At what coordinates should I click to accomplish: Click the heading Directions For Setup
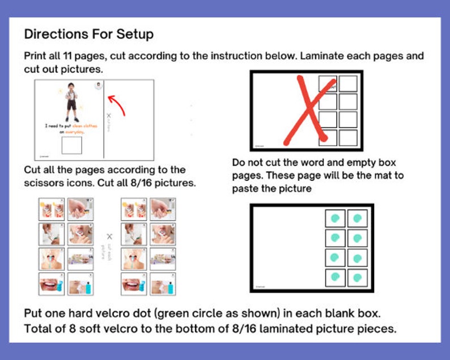pyautogui.click(x=88, y=34)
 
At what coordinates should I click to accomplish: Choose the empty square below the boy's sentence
pyautogui.click(x=71, y=145)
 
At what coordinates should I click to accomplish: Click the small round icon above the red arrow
pyautogui.click(x=99, y=86)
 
